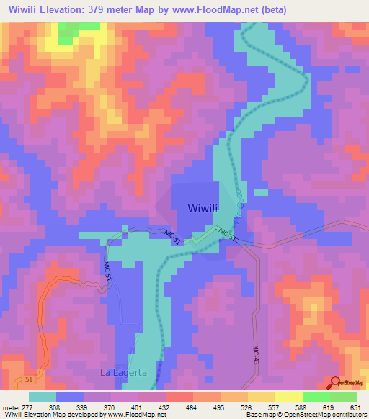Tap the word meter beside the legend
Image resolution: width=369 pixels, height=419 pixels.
click(10, 407)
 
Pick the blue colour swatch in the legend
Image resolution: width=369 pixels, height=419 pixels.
click(70, 397)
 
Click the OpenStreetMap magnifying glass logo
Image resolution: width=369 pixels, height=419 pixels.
click(337, 382)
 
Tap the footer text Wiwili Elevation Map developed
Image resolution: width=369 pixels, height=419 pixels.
click(50, 415)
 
